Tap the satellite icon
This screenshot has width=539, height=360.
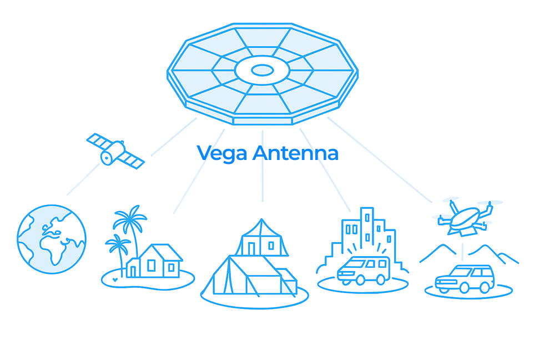click(115, 150)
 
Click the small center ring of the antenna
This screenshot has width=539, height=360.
click(262, 71)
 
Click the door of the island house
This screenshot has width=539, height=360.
click(133, 271)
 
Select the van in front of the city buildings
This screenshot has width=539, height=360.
click(364, 271)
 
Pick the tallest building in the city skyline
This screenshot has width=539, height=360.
click(366, 228)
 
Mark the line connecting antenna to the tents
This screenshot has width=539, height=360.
click(263, 167)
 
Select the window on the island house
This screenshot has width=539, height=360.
click(170, 268)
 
